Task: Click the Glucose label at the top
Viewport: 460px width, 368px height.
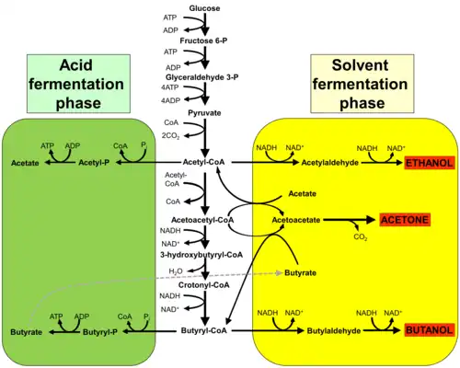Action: [x=204, y=8]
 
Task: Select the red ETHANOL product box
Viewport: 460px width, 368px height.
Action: [x=429, y=163]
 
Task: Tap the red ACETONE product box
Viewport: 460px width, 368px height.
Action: [x=405, y=220]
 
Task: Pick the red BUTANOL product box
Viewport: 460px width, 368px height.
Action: [x=429, y=330]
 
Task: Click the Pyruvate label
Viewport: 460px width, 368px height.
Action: [x=204, y=113]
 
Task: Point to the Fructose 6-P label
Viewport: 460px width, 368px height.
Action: [x=203, y=40]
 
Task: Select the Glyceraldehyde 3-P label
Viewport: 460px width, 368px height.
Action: [x=202, y=77]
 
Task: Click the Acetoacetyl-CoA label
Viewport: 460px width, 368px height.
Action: [x=202, y=220]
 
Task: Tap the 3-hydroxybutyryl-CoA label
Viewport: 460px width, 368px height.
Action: [x=201, y=255]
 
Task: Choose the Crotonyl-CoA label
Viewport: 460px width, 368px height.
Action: [x=204, y=285]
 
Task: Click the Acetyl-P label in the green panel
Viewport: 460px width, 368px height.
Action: [x=94, y=162]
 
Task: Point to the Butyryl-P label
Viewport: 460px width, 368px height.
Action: [x=100, y=332]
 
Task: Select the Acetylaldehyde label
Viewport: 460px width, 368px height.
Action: [x=330, y=163]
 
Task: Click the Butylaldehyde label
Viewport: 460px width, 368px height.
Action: [x=334, y=331]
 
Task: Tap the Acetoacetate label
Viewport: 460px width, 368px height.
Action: [x=296, y=220]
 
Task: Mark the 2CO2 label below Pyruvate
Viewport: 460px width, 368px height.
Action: [x=171, y=135]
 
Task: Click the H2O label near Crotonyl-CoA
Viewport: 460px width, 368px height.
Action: [x=176, y=271]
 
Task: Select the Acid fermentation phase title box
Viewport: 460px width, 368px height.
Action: [x=78, y=84]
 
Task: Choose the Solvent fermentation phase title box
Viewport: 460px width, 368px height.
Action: [x=362, y=84]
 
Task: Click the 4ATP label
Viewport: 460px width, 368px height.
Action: [x=170, y=87]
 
